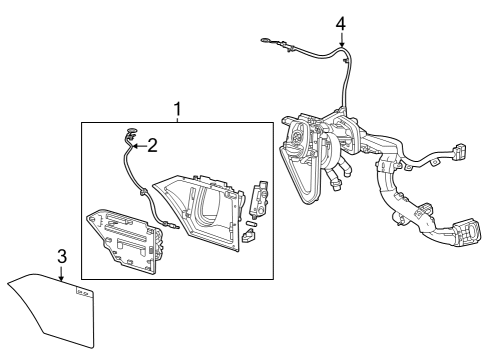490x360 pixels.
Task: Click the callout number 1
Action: pyautogui.click(x=177, y=109)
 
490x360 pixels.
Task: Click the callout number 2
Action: pyautogui.click(x=152, y=146)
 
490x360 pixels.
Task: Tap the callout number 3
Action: pyautogui.click(x=62, y=257)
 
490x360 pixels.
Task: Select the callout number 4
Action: pyautogui.click(x=341, y=22)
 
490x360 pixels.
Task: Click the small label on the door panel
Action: pyautogui.click(x=83, y=293)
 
